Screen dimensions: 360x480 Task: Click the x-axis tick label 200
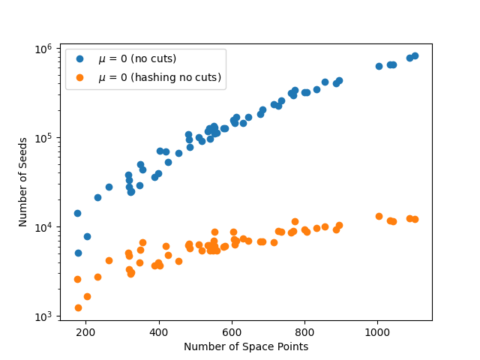coord(85,332)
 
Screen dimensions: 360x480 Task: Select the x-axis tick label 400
coord(158,332)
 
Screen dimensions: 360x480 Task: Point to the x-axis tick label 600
coord(232,332)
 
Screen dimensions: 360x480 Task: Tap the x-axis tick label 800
coord(304,332)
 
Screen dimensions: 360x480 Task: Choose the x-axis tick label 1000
coord(377,332)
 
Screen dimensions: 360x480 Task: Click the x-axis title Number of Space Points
coord(246,346)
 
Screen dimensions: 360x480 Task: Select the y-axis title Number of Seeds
coord(23,181)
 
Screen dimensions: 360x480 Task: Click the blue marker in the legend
coord(79,58)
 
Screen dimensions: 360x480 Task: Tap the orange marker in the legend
coord(79,76)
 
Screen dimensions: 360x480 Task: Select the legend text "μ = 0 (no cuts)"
coord(137,58)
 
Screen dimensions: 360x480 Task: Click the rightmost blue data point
coord(415,55)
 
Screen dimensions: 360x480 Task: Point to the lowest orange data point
coord(78,307)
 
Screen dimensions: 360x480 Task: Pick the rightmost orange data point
coord(415,219)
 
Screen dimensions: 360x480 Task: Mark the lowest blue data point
coord(78,253)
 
